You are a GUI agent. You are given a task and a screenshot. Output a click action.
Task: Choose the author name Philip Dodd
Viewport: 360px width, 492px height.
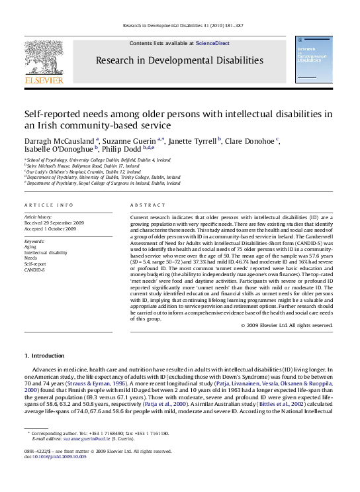point(118,150)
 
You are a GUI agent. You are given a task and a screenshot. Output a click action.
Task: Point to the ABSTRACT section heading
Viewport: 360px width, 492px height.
point(143,205)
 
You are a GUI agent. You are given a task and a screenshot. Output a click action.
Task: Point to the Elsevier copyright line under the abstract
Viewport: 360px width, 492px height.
point(288,325)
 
